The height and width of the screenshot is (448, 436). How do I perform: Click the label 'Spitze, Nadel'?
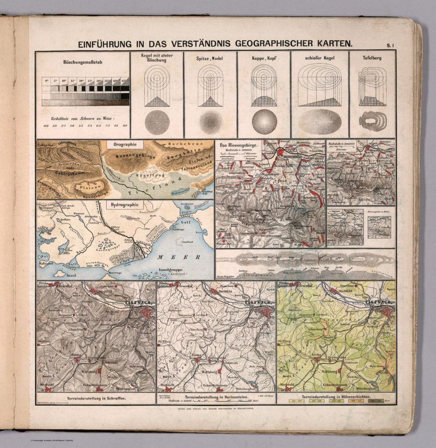(210, 58)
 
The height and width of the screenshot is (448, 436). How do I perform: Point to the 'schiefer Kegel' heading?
(319, 58)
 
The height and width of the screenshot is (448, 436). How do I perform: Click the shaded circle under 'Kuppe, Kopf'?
(264, 121)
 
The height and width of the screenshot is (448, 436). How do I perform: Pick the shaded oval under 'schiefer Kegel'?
(319, 121)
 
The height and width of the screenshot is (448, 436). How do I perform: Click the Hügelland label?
(139, 175)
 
